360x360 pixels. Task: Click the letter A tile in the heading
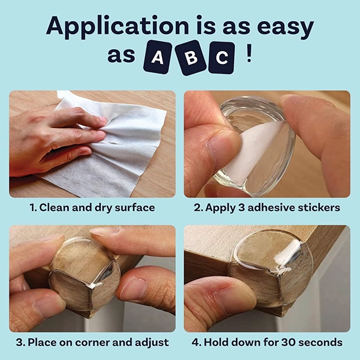(158, 57)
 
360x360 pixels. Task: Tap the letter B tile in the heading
(190, 57)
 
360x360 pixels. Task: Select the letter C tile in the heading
(222, 58)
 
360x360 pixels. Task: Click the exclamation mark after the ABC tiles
(249, 53)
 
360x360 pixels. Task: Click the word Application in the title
(117, 27)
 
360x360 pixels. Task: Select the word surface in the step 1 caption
(135, 208)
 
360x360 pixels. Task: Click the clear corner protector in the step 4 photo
(271, 266)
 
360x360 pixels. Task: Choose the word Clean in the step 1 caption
(54, 208)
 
